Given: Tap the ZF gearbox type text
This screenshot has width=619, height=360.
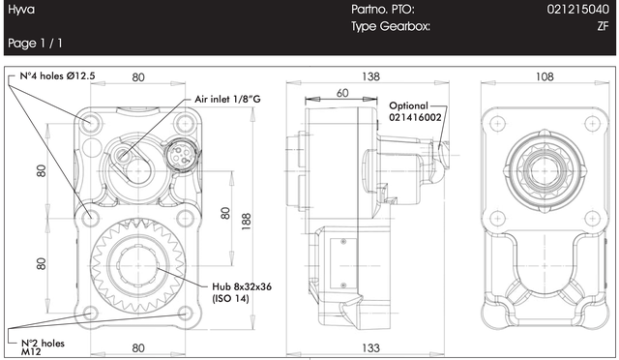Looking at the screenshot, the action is (x=603, y=26).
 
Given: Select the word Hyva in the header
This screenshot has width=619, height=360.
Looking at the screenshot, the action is (x=21, y=10).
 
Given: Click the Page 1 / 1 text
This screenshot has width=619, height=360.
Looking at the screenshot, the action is (x=35, y=44).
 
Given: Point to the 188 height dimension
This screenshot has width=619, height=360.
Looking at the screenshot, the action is (x=246, y=222).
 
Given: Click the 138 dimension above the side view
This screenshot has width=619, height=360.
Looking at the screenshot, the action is (x=370, y=76).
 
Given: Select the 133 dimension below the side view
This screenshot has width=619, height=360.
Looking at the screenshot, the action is (x=370, y=347).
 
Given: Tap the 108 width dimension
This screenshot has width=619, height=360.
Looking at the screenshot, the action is (x=545, y=76).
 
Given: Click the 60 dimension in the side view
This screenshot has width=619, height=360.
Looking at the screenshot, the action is (x=342, y=93).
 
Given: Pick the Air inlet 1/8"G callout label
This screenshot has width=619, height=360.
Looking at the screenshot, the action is (x=228, y=99).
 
